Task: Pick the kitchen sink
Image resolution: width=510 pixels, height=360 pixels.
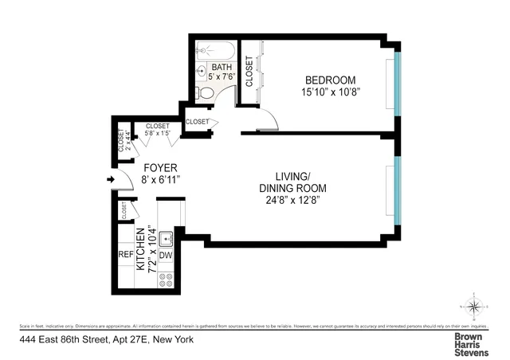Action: (x=167, y=237)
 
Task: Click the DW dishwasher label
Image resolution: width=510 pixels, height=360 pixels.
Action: (x=166, y=256)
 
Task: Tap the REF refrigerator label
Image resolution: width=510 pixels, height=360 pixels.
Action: (x=125, y=256)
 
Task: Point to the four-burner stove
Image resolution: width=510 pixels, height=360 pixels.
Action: (x=167, y=279)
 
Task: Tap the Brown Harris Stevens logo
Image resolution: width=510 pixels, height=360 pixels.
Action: (x=471, y=343)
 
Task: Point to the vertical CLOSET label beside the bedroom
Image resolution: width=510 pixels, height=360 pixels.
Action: (x=249, y=71)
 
